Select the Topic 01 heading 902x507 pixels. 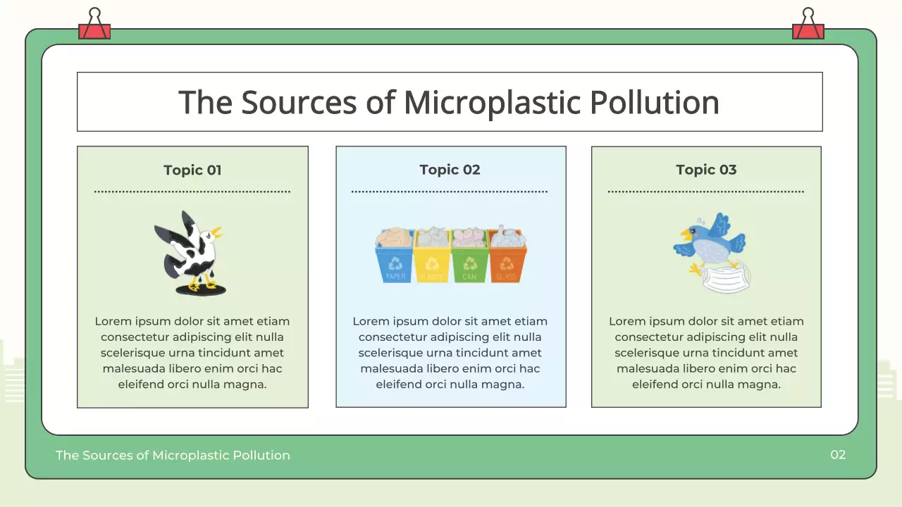(192, 170)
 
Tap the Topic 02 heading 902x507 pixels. (450, 170)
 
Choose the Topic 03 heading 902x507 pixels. (706, 170)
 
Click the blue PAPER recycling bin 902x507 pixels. (395, 263)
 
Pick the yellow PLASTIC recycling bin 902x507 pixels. (432, 263)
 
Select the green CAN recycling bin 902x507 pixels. (469, 263)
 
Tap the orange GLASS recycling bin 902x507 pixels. (507, 263)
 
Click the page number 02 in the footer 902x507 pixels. (837, 455)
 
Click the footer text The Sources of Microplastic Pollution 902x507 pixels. (173, 456)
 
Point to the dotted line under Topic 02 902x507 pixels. (450, 192)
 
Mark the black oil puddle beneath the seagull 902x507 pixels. (202, 289)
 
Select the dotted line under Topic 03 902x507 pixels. (706, 192)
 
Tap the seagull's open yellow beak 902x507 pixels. (216, 231)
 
